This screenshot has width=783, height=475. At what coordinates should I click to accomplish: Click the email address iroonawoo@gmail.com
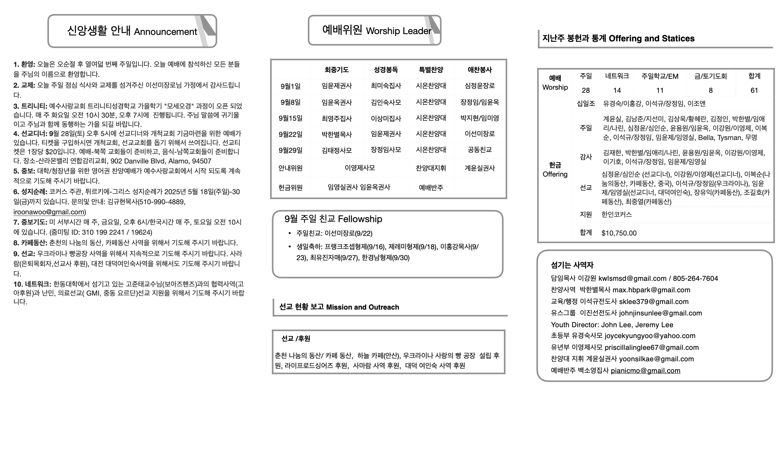49,212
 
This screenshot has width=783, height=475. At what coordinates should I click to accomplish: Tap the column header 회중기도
336,70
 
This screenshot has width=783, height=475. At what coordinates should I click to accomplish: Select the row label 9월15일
291,118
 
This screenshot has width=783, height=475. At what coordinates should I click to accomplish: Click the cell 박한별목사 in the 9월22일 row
336,134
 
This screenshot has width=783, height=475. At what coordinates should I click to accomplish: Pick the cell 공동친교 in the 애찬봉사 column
480,150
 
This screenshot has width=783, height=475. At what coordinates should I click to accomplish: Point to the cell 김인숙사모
386,102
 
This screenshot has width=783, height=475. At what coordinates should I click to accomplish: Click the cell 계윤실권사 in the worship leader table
480,168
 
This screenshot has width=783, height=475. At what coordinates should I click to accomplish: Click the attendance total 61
754,91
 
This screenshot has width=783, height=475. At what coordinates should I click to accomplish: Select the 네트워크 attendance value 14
617,91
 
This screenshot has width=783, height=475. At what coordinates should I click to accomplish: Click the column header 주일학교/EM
660,76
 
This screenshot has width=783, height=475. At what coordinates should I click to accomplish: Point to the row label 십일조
586,104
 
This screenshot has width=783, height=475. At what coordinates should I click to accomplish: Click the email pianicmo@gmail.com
645,370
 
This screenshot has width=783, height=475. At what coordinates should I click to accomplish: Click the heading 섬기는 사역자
572,265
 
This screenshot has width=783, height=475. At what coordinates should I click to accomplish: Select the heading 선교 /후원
296,339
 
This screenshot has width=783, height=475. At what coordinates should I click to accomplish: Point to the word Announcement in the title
165,32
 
